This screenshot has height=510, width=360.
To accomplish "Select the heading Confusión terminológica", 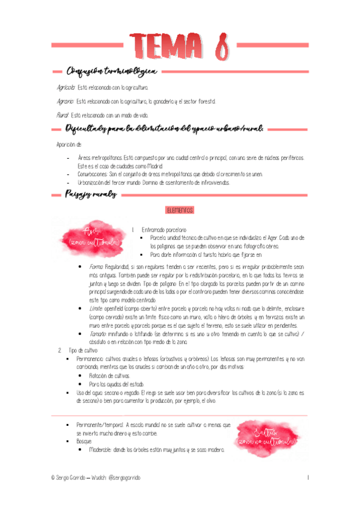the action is (x=112, y=72).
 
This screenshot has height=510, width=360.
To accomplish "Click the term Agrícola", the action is (x=66, y=88).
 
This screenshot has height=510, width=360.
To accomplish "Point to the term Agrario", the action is (x=66, y=101).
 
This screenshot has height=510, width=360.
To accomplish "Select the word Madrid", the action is (x=152, y=166).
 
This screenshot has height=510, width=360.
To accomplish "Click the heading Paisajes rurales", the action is (x=91, y=194).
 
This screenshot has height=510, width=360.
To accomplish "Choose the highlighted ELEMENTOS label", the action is (x=180, y=210).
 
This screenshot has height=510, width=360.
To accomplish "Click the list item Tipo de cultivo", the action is (x=83, y=350).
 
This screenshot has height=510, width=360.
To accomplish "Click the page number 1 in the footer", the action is (x=307, y=477).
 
